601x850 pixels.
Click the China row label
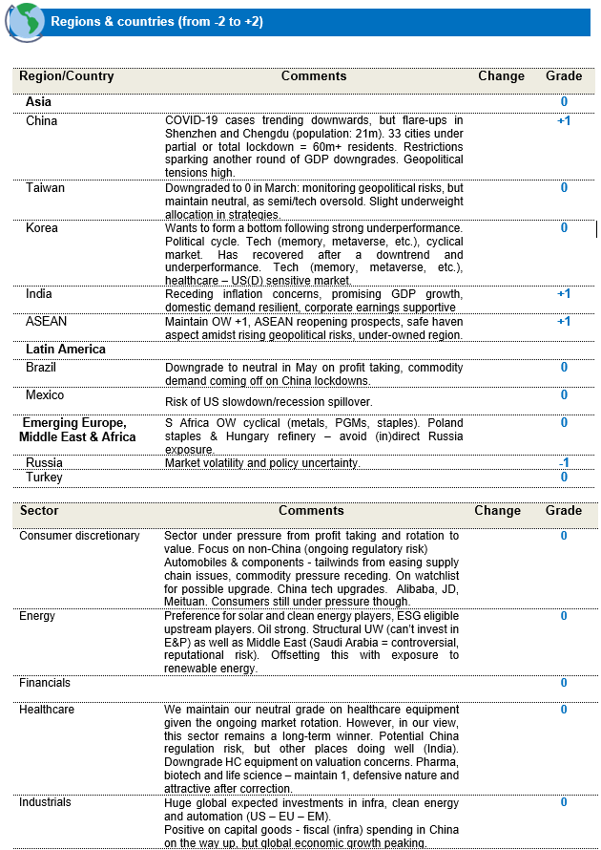pos(41,121)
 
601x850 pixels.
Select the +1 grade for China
pos(564,121)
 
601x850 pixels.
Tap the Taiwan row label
pos(45,188)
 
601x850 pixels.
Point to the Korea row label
pos(41,228)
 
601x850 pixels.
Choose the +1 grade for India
pos(564,294)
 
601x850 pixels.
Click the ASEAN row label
pos(47,322)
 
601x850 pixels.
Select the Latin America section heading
pos(65,350)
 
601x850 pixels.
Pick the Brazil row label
pos(41,368)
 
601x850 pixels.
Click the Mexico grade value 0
pos(564,395)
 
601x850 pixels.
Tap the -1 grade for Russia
pos(564,463)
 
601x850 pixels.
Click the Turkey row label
pos(44,477)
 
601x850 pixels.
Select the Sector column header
pos(39,511)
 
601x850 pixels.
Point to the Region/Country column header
pos(67,76)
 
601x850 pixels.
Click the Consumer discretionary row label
pos(79,536)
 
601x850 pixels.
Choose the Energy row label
pos(37,616)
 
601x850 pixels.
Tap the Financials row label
pos(45,683)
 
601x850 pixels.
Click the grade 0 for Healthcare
pos(564,710)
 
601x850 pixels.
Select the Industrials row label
pos(45,802)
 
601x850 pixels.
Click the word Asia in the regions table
pos(38,102)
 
